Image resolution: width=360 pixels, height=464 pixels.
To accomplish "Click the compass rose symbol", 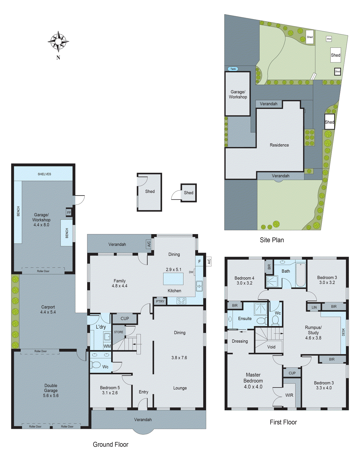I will coord(58,41).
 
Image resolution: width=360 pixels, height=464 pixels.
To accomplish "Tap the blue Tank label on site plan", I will coord(233,69).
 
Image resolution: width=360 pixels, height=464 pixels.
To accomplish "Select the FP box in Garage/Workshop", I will coord(69,213).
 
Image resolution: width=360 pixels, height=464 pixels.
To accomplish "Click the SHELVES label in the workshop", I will coord(44,174).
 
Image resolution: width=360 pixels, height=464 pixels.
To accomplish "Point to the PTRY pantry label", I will coord(160,301).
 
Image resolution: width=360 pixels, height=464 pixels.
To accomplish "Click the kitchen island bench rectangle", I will coord(173,279).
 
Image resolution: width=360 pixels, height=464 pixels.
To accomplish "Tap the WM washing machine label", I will coord(107,346).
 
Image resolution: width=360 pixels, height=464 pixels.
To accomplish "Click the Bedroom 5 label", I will coord(110,388).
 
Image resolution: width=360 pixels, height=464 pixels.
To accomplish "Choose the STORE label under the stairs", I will coord(118,332).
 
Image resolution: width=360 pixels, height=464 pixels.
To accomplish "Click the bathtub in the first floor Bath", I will coord(301,275).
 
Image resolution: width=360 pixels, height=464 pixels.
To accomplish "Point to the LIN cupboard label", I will coord(314,307).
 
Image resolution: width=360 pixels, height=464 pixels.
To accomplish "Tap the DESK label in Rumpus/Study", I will coord(343,332).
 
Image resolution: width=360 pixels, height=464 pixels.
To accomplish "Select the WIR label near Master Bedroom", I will coord(289,395).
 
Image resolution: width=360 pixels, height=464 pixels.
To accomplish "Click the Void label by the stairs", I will coord(271,347).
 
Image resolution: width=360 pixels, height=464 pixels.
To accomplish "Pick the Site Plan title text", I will coord(272,240).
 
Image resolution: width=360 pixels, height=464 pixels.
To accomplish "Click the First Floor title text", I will coord(283,422).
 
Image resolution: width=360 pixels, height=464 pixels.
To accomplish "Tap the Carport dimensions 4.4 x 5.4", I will coord(48,312).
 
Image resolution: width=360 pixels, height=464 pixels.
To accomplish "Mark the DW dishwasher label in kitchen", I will coord(191,272).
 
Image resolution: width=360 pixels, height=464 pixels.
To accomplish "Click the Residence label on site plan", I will coord(279,145).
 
